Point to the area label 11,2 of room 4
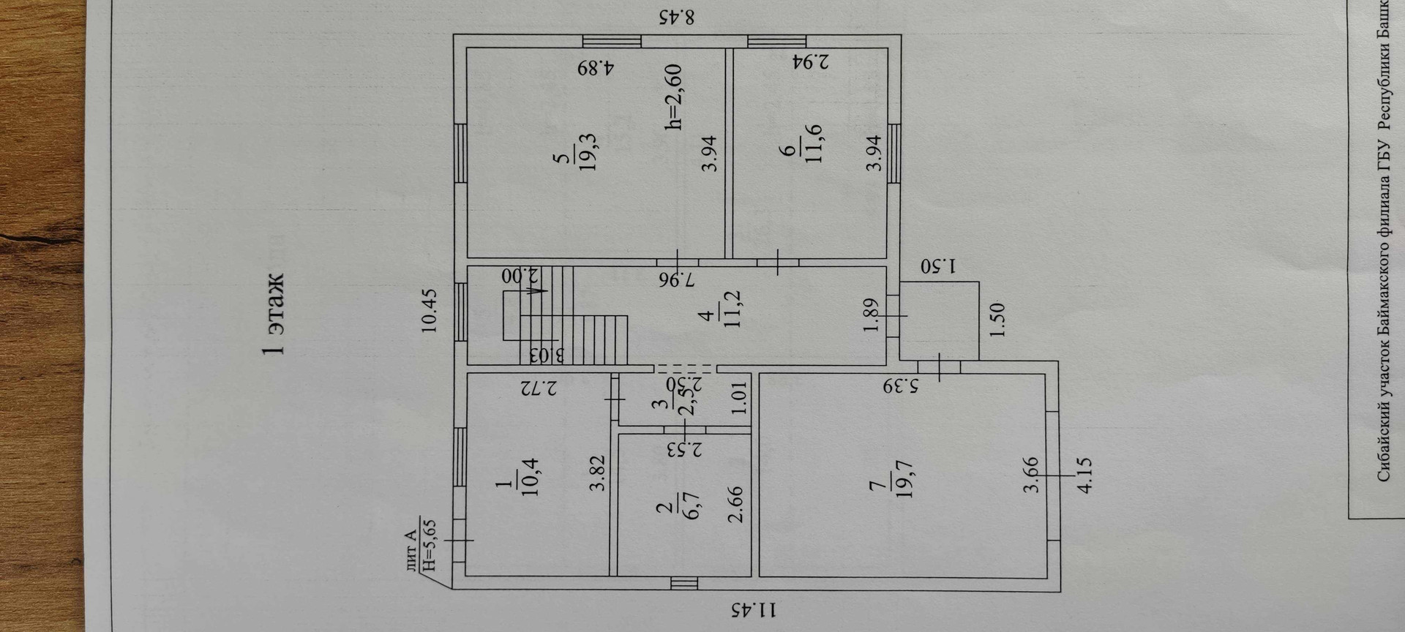[733, 309]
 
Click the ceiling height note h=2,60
[673, 97]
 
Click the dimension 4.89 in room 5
[596, 68]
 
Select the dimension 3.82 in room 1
[598, 472]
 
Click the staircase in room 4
[563, 315]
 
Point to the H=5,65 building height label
[430, 544]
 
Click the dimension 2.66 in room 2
[735, 505]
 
